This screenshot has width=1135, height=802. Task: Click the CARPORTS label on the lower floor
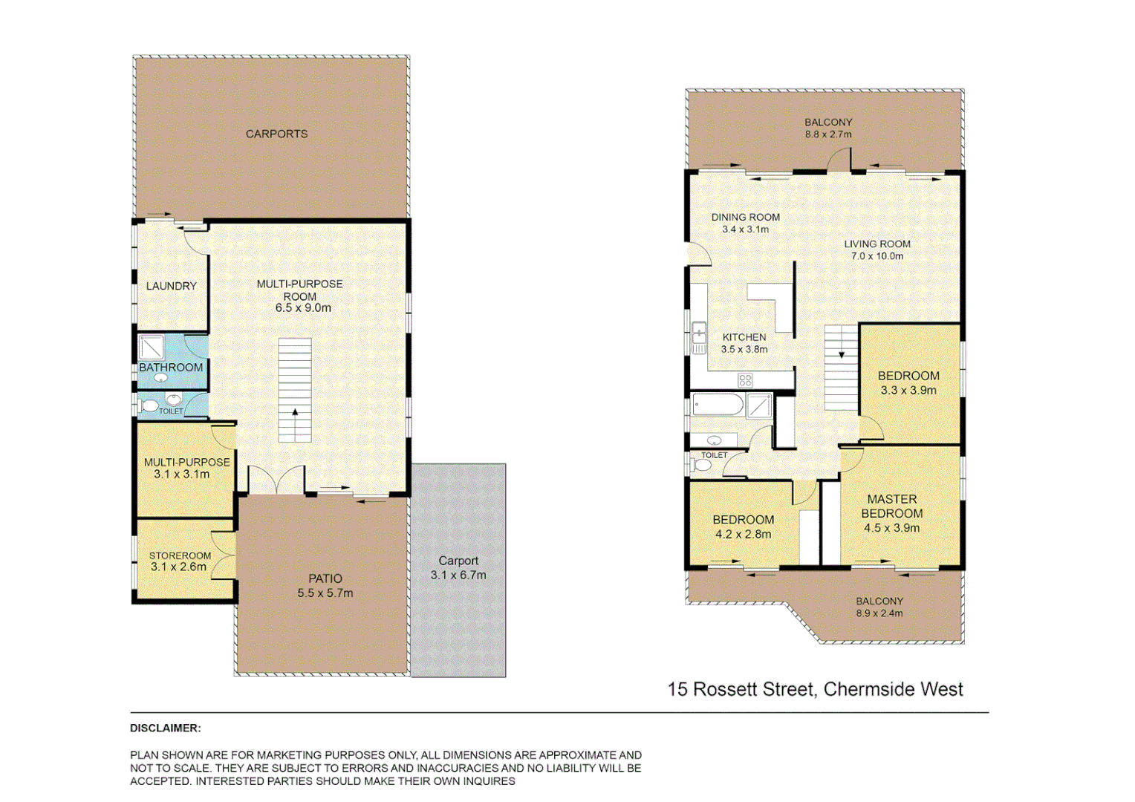coord(276,134)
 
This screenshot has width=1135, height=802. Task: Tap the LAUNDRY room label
coord(171,286)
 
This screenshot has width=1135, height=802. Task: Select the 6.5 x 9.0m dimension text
coord(303,308)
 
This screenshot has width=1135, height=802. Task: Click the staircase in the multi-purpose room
coord(295,391)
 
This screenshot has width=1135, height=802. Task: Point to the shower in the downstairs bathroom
coord(152,348)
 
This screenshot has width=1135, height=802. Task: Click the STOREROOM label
coord(180,555)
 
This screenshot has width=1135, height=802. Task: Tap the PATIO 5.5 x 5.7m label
coord(325,585)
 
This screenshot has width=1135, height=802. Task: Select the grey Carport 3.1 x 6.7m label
coord(458,568)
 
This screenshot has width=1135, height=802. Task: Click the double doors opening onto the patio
coord(276,480)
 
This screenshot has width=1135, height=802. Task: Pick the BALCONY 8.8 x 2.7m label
coord(828,128)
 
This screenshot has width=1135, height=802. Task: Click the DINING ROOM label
coord(745,218)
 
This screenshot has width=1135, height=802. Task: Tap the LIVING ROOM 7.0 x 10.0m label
coord(877,250)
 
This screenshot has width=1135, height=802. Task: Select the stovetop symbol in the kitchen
coord(745,381)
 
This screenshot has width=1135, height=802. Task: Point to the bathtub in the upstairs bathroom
coord(718,405)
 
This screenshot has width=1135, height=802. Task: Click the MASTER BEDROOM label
coord(891,506)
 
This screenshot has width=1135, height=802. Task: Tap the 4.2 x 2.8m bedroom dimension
coord(743,535)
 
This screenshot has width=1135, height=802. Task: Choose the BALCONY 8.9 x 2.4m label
coord(879,607)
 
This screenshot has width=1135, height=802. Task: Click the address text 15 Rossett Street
coord(815,689)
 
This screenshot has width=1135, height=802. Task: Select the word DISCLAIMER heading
coord(165,728)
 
